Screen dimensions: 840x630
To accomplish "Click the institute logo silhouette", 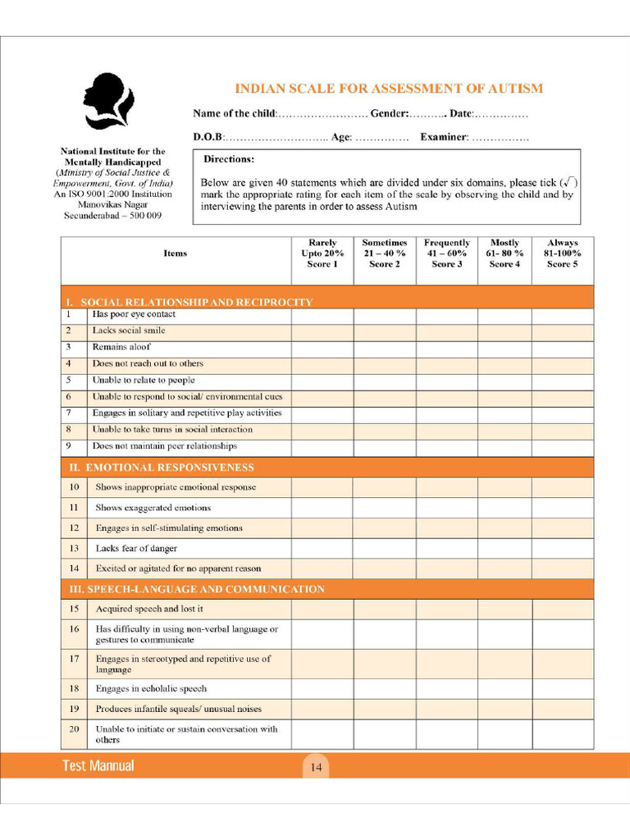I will (107, 101).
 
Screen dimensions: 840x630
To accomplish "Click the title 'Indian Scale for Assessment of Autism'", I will (389, 89).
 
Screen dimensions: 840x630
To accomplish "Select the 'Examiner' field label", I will (444, 137).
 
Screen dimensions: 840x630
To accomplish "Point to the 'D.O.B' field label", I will (208, 137).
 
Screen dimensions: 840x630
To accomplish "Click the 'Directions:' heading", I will (229, 159).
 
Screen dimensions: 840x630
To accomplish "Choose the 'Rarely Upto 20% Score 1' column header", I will (322, 253).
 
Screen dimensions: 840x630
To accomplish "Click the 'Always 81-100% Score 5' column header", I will (562, 253).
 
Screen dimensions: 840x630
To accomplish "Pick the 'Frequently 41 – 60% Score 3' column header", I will (446, 253).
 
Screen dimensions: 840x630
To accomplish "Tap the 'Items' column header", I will (175, 253).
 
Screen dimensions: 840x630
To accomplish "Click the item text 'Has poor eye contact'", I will (134, 314).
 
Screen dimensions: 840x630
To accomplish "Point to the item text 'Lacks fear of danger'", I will (136, 548).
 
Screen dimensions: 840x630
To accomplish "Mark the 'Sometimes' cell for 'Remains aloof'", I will (384, 347).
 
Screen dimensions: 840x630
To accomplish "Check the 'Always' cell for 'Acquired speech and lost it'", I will (562, 609).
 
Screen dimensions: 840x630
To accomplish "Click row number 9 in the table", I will (69, 446).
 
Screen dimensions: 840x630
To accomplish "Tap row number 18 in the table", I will (74, 689).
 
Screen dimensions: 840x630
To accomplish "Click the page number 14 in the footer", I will (315, 768).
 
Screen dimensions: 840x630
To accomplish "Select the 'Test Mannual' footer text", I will (98, 766).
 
